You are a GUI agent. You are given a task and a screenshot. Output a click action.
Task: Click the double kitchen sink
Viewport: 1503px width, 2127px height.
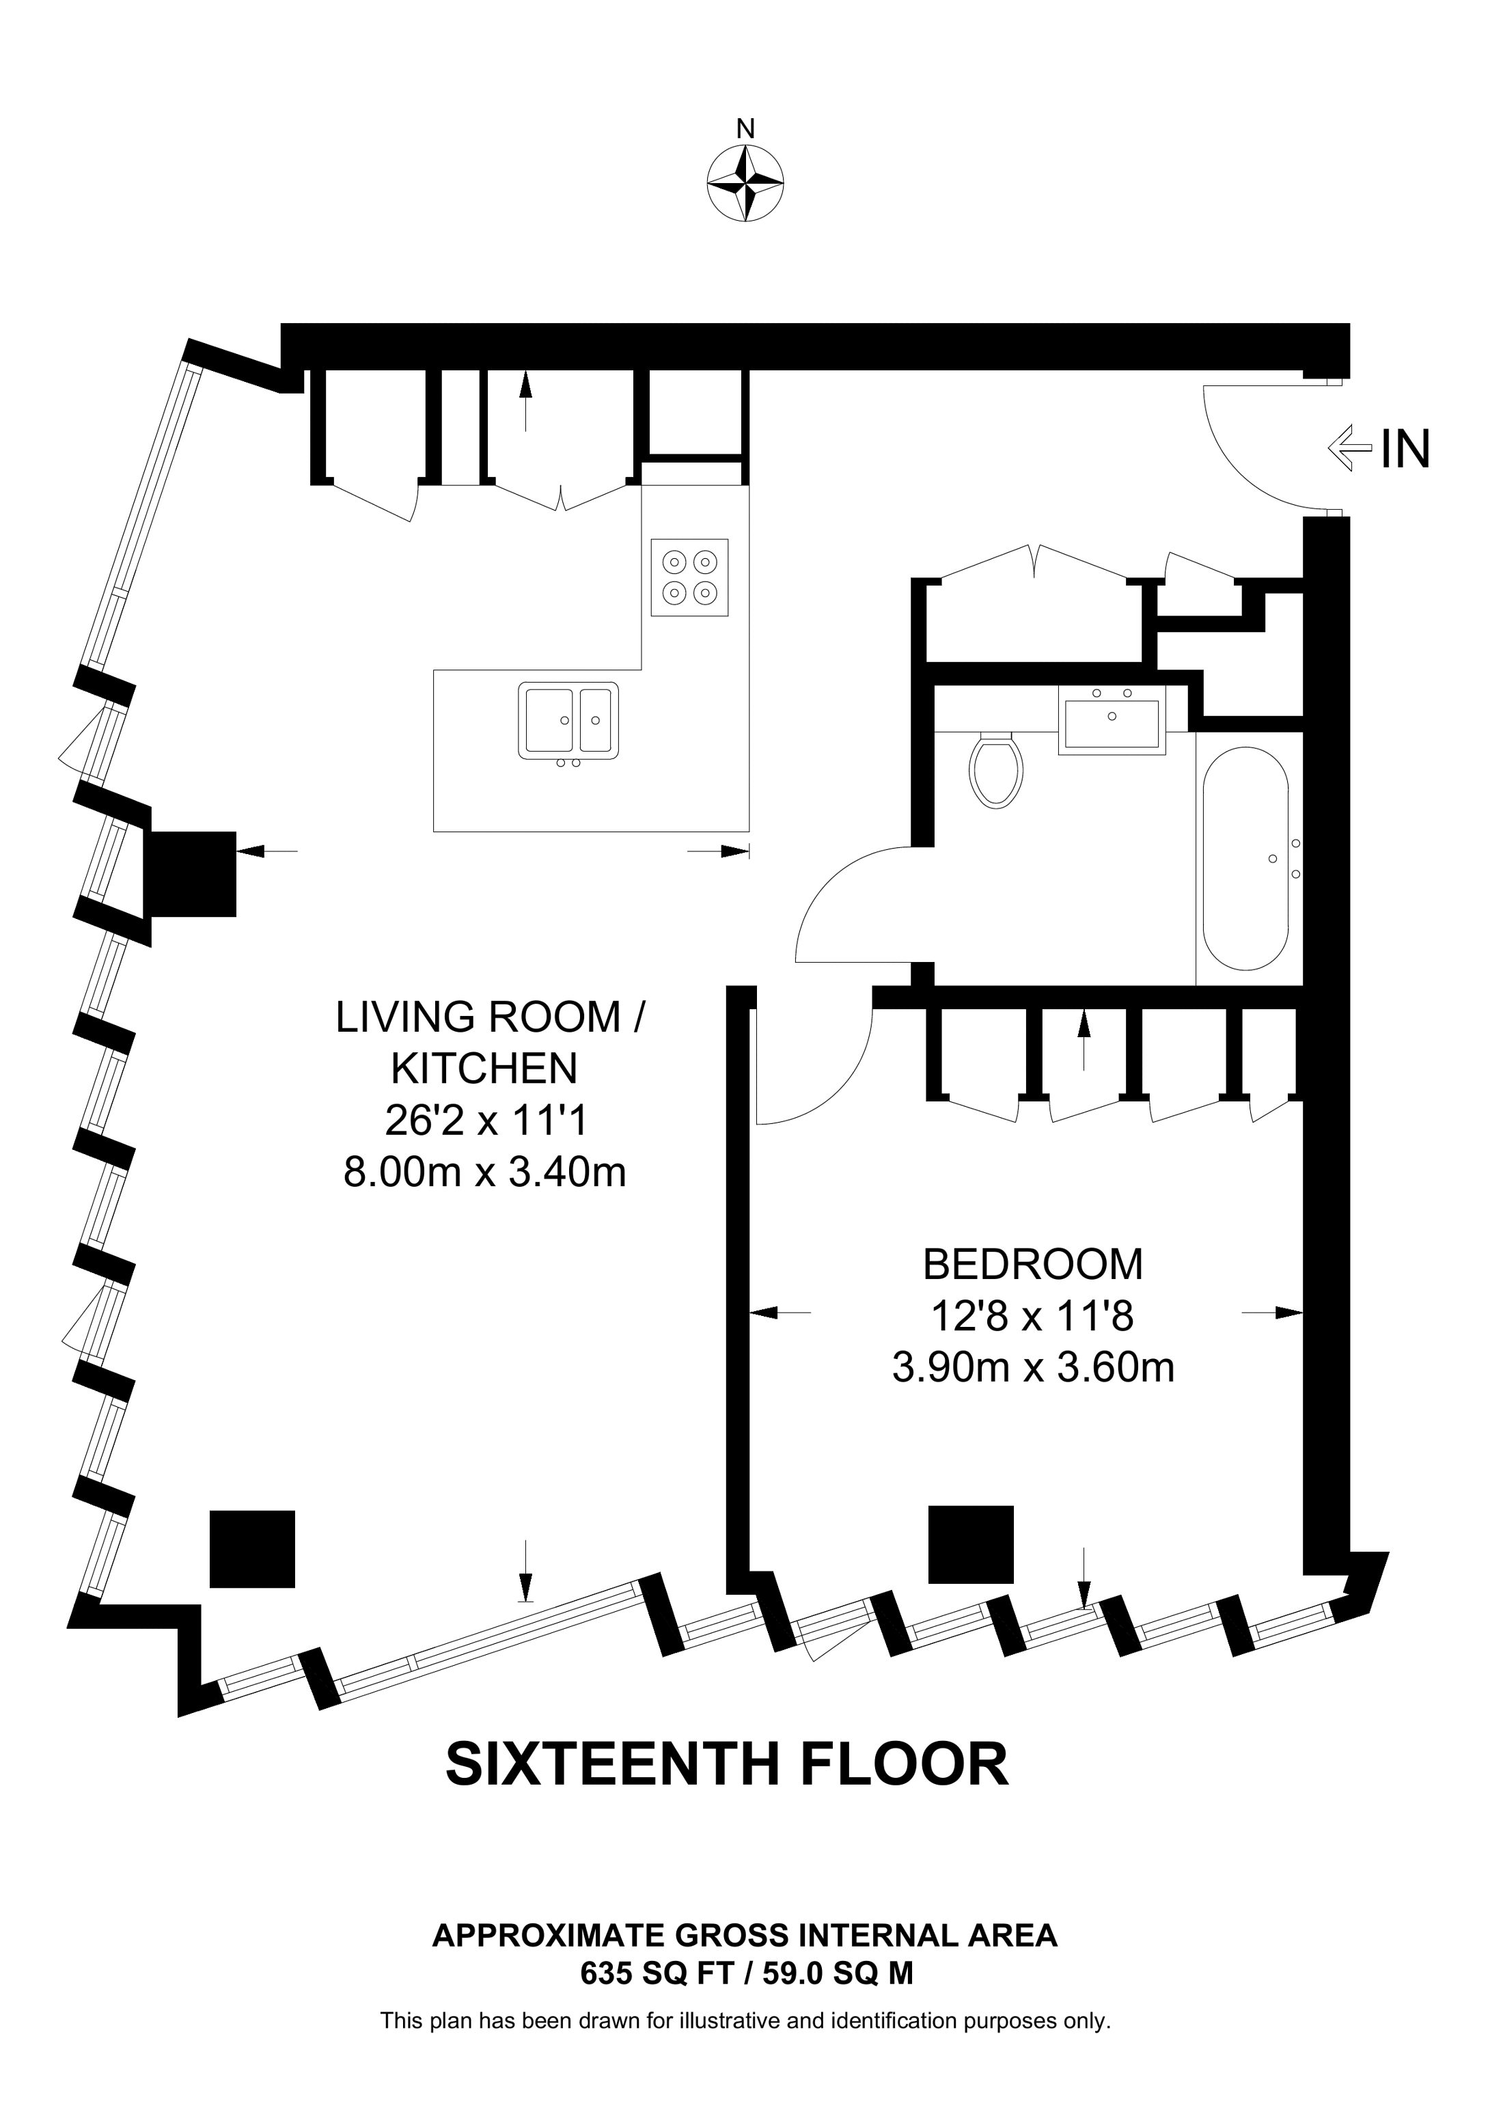coord(568,719)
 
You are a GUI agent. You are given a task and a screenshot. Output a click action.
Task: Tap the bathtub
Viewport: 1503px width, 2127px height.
coord(1245,857)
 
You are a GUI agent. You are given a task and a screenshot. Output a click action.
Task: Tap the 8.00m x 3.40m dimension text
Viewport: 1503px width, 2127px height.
coord(484,1172)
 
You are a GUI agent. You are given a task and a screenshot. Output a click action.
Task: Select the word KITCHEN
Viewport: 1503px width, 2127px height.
coord(484,1069)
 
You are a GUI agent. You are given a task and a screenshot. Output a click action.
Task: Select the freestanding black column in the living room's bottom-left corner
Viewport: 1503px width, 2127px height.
coord(252,1549)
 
